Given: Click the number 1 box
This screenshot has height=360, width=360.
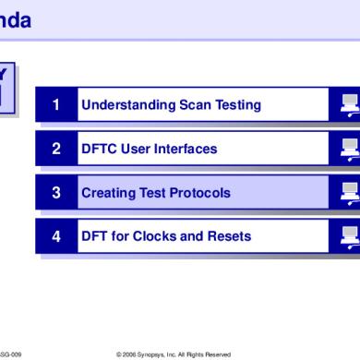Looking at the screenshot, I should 56,105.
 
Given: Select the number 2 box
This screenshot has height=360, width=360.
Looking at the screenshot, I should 56,149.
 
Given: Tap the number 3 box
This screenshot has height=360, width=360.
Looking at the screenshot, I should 56,193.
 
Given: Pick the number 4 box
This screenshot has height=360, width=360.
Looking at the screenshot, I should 56,236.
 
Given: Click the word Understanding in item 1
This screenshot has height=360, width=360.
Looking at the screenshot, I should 123,105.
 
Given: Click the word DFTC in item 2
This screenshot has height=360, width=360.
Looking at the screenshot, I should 99,149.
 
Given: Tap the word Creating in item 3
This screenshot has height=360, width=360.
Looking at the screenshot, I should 105,193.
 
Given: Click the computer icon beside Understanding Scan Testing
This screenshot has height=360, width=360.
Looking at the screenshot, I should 349,105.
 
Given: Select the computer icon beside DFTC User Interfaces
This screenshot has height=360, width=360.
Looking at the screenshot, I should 349,149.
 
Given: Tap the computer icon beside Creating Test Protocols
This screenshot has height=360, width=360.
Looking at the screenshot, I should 349,193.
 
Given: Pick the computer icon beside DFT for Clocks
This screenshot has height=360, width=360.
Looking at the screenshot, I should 349,236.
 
